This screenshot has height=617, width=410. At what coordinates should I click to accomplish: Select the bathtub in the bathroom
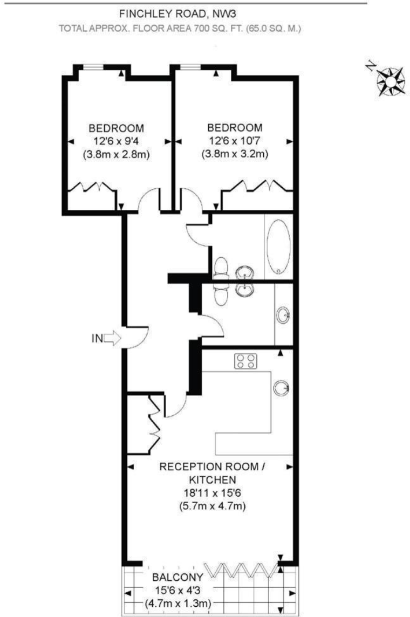pyautogui.click(x=278, y=248)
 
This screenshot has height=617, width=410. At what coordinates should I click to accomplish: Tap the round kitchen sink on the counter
pyautogui.click(x=281, y=387)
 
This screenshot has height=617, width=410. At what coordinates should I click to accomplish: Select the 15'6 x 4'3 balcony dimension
pyautogui.click(x=172, y=590)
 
